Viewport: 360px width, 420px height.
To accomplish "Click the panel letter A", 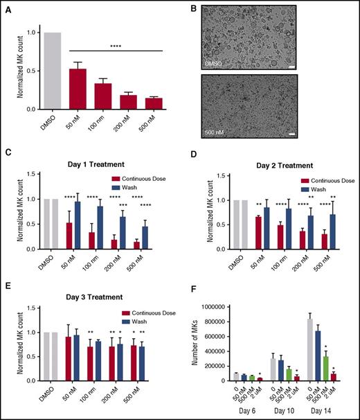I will coord(12,8).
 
